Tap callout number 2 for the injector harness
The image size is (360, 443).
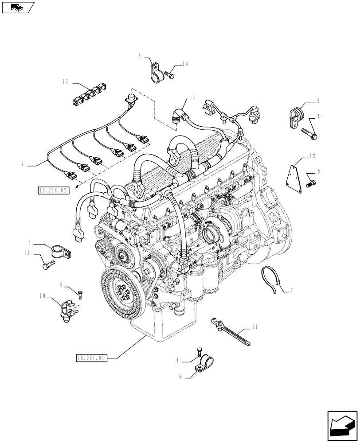(x=22, y=165)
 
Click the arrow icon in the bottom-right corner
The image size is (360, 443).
(x=342, y=426)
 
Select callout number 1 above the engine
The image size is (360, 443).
(x=194, y=96)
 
